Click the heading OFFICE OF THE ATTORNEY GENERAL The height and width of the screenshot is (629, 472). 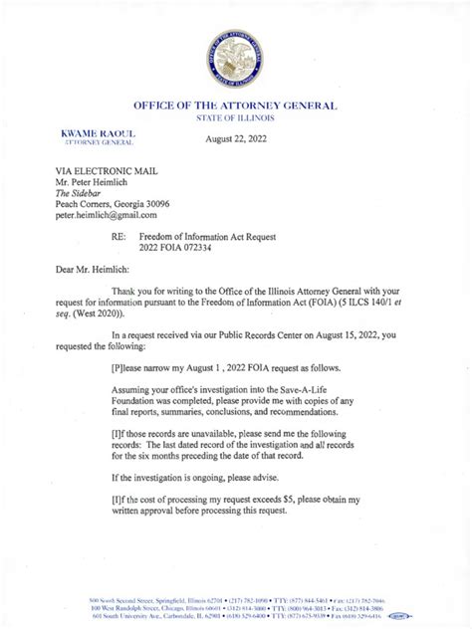[236, 105]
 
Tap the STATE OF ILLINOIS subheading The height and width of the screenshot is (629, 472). [236, 119]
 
